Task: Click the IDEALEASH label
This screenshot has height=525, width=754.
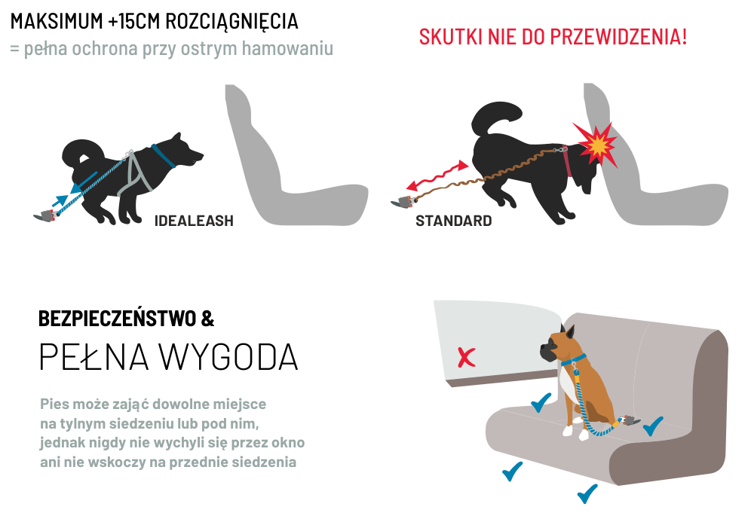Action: (194, 221)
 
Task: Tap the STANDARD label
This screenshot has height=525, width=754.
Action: (453, 221)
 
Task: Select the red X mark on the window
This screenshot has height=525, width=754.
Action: (466, 357)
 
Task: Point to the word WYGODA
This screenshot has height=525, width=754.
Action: (228, 357)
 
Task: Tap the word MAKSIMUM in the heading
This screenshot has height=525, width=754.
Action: (57, 22)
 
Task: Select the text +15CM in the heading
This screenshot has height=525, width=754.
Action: (134, 22)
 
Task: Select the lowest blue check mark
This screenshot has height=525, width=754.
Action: (587, 493)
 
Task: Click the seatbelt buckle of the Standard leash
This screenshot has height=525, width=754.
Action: (403, 201)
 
